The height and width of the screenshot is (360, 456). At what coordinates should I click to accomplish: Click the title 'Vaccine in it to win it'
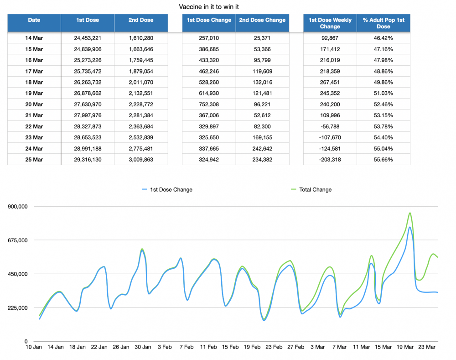tap(209, 7)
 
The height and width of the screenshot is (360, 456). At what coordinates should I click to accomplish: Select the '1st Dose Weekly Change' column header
tap(330, 23)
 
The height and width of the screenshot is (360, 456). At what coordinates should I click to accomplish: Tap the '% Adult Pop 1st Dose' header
tap(383, 23)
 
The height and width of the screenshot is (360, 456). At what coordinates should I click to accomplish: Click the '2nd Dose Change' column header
tap(262, 20)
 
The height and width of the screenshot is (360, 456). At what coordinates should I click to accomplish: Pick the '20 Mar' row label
tap(34, 104)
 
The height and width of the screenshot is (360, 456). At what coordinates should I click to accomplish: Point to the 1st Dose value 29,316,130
tap(88, 160)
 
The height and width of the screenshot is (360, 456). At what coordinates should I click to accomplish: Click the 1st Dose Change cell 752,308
tap(209, 104)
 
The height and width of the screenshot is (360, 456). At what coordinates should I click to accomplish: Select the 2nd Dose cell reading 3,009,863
tap(141, 160)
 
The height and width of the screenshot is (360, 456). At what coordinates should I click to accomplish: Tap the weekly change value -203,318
tap(330, 160)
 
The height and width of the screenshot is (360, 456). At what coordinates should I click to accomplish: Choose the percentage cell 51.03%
tap(383, 93)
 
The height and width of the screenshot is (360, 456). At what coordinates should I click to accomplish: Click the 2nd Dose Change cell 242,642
tap(262, 148)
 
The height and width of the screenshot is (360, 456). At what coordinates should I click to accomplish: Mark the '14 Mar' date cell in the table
tap(34, 38)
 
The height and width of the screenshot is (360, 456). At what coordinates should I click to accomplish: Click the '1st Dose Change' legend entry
tap(167, 189)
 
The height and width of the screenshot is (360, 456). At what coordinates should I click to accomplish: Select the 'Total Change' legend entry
tap(311, 189)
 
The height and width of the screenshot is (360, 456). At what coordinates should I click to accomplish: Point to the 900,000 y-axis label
tap(18, 206)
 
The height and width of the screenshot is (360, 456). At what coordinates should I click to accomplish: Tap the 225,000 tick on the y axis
tap(18, 308)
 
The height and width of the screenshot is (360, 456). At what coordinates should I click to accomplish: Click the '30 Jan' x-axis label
tap(143, 347)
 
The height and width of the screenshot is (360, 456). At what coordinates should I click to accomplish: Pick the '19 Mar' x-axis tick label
tap(405, 347)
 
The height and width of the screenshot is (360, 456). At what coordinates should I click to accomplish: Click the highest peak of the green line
tap(410, 213)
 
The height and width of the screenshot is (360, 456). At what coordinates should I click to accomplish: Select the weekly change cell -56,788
tap(330, 126)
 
